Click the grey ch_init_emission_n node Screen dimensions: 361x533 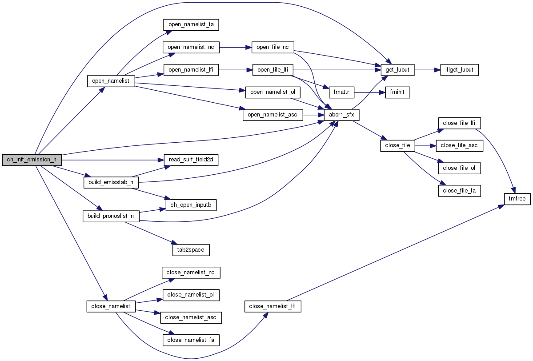point(31,160)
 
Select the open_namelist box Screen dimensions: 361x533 point(111,81)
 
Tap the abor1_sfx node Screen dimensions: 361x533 point(341,115)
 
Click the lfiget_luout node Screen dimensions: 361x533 point(459,70)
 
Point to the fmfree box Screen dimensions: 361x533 point(517,199)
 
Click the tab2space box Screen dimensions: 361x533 point(191,249)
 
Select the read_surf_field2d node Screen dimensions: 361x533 point(191,159)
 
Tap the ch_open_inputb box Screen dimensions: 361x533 point(191,205)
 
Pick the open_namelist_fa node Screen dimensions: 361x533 point(191,24)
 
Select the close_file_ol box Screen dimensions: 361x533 point(460,168)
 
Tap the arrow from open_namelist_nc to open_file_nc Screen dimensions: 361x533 point(235,47)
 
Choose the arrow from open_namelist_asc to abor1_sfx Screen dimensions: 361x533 point(313,115)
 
